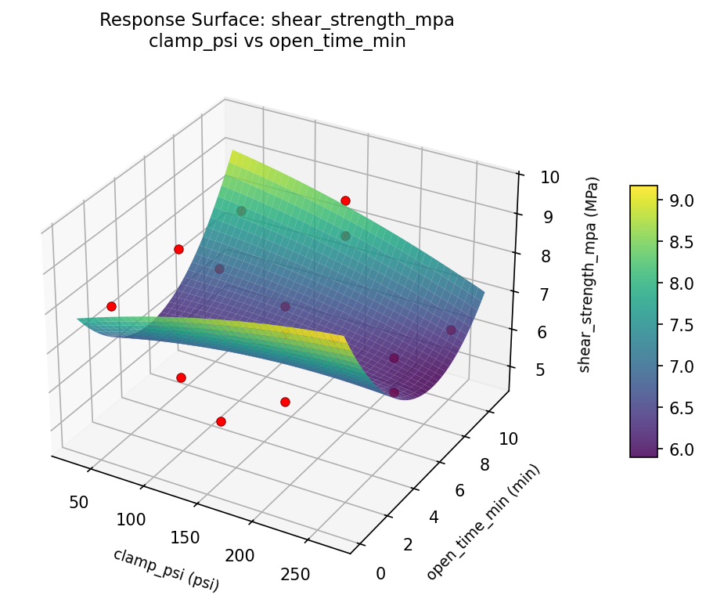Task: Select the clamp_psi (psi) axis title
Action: pos(165,569)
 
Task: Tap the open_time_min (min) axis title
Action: pos(483,521)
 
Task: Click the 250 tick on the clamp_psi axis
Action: pos(294,573)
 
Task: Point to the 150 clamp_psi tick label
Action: pos(186,537)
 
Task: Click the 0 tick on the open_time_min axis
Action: pos(380,574)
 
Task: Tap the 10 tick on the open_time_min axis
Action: pos(509,438)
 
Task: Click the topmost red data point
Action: pos(345,201)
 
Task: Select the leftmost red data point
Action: pos(111,306)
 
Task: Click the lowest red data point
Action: pos(221,421)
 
